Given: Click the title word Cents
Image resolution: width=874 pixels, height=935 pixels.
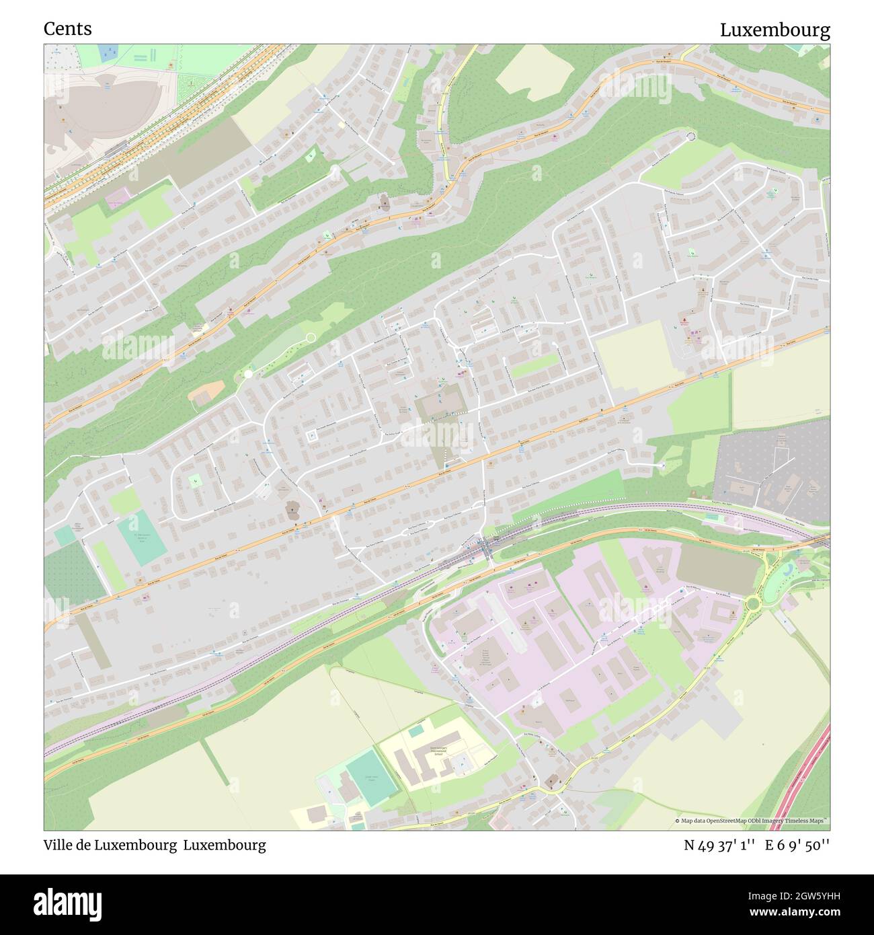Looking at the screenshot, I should pyautogui.click(x=68, y=29).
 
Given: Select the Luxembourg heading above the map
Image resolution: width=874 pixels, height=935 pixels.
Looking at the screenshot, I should pyautogui.click(x=774, y=30).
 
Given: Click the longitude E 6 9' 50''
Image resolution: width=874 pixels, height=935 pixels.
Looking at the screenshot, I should pyautogui.click(x=798, y=845).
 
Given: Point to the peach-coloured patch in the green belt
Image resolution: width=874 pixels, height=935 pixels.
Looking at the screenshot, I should pyautogui.click(x=208, y=391).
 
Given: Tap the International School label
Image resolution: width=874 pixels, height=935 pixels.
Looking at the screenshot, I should pyautogui.click(x=437, y=750).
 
